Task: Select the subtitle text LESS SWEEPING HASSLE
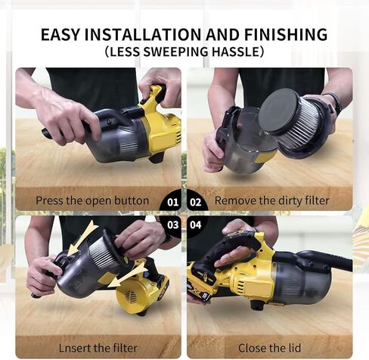[184, 52]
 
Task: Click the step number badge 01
[172, 202]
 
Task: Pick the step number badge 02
[196, 202]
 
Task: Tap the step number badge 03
[172, 225]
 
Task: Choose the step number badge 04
[196, 225]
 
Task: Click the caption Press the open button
[91, 201]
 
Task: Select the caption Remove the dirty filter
[272, 201]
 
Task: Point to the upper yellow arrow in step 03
[82, 237]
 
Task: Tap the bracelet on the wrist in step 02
[333, 102]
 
